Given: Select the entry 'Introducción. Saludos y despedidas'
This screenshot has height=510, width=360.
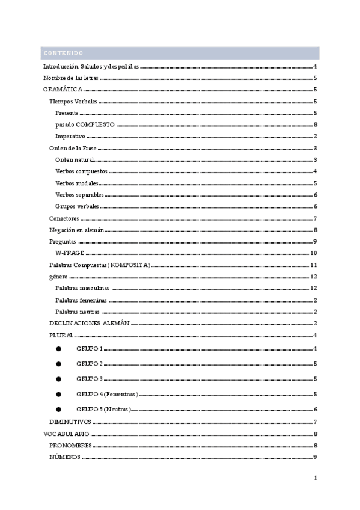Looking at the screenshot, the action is click(x=91, y=67).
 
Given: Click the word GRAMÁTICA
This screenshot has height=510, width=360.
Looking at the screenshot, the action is click(x=63, y=90).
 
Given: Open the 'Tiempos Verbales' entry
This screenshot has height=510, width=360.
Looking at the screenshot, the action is click(x=73, y=102).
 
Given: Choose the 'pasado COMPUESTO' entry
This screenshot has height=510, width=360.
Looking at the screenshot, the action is click(x=85, y=125).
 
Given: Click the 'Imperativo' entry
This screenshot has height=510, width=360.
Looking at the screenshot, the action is click(x=70, y=137).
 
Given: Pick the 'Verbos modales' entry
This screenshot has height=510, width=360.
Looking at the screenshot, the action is click(x=77, y=183).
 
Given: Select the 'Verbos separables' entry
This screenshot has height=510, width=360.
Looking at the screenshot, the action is click(x=79, y=195).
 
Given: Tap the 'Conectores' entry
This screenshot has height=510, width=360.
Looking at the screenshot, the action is click(x=64, y=218).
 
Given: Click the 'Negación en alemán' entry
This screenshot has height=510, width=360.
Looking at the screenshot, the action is click(x=77, y=230).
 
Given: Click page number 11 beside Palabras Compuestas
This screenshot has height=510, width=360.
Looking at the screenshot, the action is click(x=313, y=265).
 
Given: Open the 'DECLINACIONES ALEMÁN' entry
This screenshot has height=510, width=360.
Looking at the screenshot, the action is click(x=89, y=324).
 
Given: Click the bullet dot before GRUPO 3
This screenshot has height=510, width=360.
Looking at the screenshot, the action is click(x=58, y=379).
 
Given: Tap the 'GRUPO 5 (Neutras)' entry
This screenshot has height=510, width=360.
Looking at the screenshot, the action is click(x=103, y=409).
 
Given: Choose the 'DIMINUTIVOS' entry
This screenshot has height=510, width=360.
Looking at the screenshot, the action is click(x=70, y=422).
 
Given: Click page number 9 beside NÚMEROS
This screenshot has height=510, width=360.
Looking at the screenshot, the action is click(x=315, y=457).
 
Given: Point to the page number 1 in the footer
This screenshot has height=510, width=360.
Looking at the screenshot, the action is click(x=315, y=478).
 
